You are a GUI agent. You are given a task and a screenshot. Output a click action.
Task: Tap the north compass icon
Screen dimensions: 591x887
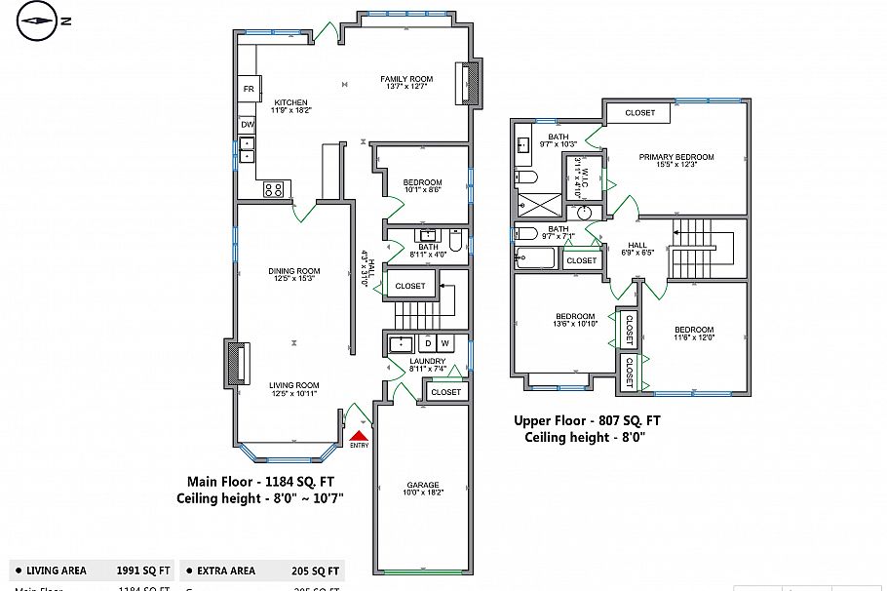pyautogui.click(x=38, y=20)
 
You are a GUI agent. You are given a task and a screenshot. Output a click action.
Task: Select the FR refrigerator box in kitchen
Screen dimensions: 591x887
pyautogui.click(x=249, y=89)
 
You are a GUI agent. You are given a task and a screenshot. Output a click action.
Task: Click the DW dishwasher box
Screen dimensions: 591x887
pyautogui.click(x=248, y=125)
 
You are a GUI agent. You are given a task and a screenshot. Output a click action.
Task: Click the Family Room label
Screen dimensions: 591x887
pyautogui.click(x=406, y=82)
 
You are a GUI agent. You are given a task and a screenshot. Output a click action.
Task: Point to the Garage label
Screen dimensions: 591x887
pyautogui.click(x=423, y=489)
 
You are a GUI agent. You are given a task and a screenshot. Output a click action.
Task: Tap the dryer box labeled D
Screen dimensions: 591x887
pyautogui.click(x=427, y=343)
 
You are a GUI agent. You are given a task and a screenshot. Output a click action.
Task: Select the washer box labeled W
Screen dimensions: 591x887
pyautogui.click(x=444, y=343)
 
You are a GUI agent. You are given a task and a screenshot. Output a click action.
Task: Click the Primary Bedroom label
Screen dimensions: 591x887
pyautogui.click(x=676, y=160)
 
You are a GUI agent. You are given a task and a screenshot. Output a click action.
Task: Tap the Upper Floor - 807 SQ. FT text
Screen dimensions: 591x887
pyautogui.click(x=587, y=420)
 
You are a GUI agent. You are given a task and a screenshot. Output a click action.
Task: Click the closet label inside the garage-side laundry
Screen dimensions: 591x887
pyautogui.click(x=445, y=392)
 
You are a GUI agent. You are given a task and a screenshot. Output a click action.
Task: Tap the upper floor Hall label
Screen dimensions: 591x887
pyautogui.click(x=636, y=249)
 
